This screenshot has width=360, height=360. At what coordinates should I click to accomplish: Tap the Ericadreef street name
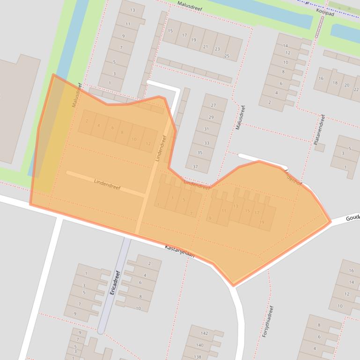pyautogui.click(x=115, y=282)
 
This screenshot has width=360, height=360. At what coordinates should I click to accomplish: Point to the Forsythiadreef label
pyautogui.click(x=267, y=322)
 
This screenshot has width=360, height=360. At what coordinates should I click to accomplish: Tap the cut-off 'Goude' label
pyautogui.click(x=353, y=218)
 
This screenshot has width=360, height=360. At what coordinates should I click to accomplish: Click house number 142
pyautogui.click(x=205, y=333)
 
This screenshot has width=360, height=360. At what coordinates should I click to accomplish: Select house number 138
pyautogui.click(x=198, y=357)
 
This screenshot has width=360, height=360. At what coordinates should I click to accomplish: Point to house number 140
pyautogui.click(x=200, y=345)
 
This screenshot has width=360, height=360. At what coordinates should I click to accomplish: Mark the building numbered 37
pyautogui.click(x=195, y=166)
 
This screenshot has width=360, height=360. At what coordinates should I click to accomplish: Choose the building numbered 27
pyautogui.click(x=213, y=106)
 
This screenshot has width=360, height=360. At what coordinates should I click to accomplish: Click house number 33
pyautogui.click(x=206, y=143)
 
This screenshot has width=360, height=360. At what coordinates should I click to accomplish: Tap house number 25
pyautogui.click(x=227, y=56)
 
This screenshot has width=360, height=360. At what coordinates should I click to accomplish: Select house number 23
pyautogui.click(x=217, y=49)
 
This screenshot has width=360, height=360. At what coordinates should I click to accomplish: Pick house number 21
pyautogui.click(x=205, y=46)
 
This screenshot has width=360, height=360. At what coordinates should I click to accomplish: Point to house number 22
pyautogui.click(x=356, y=89)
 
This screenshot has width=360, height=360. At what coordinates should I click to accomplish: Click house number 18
pyautogui.click(x=335, y=83)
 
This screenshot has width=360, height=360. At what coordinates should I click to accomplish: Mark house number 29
pyautogui.click(x=211, y=117)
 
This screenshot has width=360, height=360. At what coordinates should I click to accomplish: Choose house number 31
pyautogui.click(x=206, y=129)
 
